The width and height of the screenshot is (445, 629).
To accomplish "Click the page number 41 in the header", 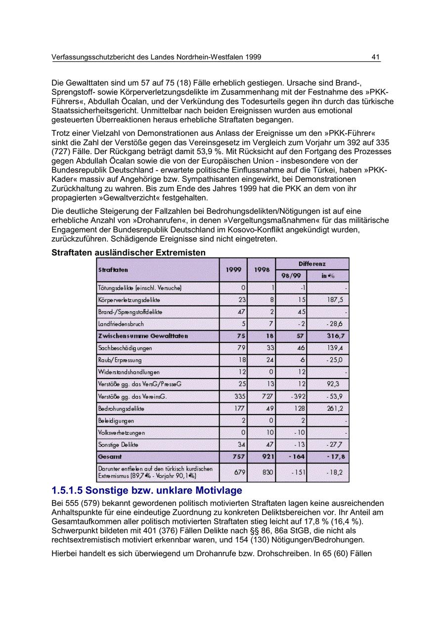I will (375, 57).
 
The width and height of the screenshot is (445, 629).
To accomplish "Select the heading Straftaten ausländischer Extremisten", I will (128, 252).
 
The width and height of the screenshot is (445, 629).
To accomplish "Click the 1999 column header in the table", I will (233, 270).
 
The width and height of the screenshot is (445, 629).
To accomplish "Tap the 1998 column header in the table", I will (262, 270).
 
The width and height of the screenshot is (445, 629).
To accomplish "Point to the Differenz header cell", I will (312, 264).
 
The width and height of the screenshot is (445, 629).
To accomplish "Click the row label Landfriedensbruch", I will (121, 324).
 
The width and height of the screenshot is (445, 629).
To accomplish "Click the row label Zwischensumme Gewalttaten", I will (143, 336).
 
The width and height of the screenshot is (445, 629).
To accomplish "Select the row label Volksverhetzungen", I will (122, 433).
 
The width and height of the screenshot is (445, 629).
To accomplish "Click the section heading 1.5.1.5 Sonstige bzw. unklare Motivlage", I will (147, 491).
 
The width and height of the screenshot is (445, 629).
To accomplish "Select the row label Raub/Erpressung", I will (120, 360).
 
